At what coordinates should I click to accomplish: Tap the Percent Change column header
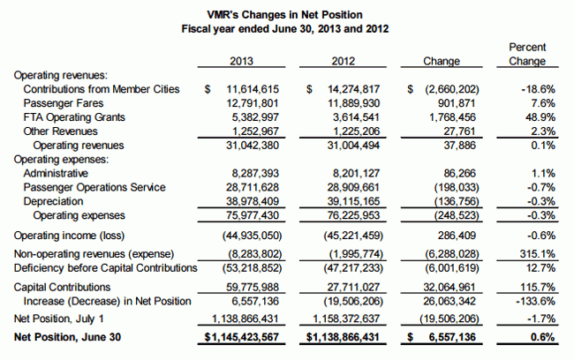coord(527,54)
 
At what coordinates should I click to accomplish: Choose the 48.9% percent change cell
coord(536,117)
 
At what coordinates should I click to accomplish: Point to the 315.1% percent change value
coord(533,251)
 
